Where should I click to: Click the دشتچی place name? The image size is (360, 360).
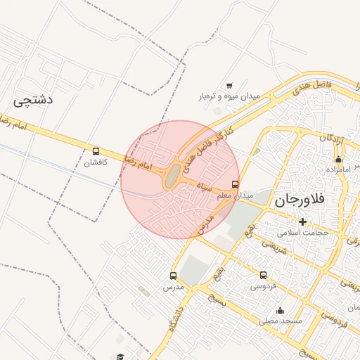(33, 100)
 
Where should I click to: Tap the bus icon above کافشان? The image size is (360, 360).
(96, 151)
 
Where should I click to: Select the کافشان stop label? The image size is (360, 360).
(95, 163)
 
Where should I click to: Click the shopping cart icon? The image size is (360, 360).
(229, 85)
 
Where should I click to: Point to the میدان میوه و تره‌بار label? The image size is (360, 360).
(229, 96)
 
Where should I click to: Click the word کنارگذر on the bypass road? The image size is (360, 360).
(220, 137)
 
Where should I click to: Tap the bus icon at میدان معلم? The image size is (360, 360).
(235, 185)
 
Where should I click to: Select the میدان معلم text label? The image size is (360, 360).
(238, 195)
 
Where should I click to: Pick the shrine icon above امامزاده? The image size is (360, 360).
(338, 159)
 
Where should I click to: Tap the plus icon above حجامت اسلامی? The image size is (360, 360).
(303, 221)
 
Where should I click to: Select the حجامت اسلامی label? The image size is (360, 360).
(303, 232)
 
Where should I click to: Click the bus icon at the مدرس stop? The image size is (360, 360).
(173, 276)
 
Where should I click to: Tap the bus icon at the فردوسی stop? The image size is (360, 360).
(263, 276)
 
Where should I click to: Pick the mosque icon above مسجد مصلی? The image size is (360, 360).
(281, 310)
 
